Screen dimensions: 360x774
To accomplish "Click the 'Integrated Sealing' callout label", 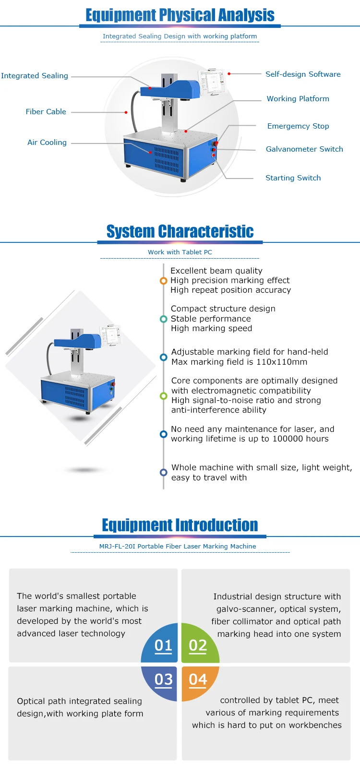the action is click(35, 76).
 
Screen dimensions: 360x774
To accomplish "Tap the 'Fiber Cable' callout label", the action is click(46, 112).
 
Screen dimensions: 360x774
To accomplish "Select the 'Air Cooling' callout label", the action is click(47, 143).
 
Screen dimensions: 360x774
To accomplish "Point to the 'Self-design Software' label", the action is click(303, 74).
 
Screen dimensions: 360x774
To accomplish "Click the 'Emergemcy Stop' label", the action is click(298, 126).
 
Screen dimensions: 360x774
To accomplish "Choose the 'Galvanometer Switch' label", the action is click(304, 149).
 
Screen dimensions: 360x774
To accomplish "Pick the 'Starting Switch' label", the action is click(293, 178).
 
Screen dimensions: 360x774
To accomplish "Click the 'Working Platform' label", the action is click(298, 99).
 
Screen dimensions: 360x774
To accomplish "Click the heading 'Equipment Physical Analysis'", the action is click(180, 15).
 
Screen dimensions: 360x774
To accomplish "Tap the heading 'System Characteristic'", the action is click(180, 231).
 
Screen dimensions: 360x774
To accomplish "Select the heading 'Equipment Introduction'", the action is click(180, 525).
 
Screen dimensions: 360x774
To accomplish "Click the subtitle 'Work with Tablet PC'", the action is click(180, 252).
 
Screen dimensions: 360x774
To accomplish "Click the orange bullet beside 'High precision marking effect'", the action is click(163, 281).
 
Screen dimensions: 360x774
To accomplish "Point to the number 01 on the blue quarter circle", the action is click(163, 646).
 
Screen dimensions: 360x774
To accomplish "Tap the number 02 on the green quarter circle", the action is click(198, 646).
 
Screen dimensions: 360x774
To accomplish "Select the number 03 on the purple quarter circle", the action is click(163, 679).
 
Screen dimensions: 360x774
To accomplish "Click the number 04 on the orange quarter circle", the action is click(198, 679).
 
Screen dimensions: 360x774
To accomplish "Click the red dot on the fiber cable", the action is click(126, 112).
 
